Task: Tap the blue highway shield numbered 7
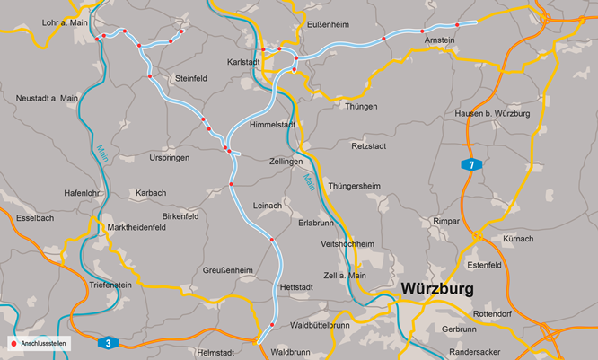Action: click(x=470, y=164)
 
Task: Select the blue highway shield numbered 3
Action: click(x=107, y=342)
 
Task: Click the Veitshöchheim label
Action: click(x=347, y=244)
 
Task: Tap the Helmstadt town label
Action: click(x=215, y=352)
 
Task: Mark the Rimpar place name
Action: click(x=445, y=220)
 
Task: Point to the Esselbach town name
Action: click(x=35, y=217)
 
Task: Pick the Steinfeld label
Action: click(x=191, y=78)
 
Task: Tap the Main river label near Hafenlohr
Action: click(x=101, y=152)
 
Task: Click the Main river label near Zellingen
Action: click(x=310, y=180)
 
